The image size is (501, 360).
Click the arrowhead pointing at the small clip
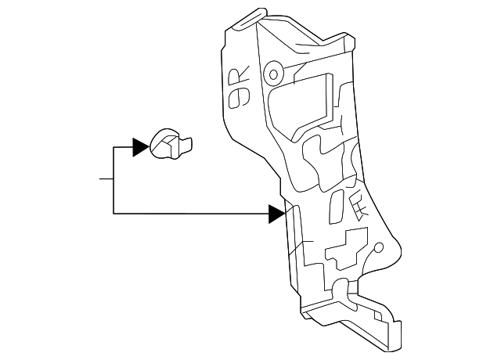[140, 146]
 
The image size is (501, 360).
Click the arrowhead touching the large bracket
[276, 213]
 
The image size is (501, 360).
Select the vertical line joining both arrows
[114, 180]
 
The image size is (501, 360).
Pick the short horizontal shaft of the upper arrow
[123, 146]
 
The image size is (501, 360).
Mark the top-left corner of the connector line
[114, 146]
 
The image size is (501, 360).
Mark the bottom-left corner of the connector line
[114, 213]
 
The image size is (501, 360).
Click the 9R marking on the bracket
[236, 88]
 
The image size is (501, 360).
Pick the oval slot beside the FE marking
[336, 207]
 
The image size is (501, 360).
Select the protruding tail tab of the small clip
[186, 143]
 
